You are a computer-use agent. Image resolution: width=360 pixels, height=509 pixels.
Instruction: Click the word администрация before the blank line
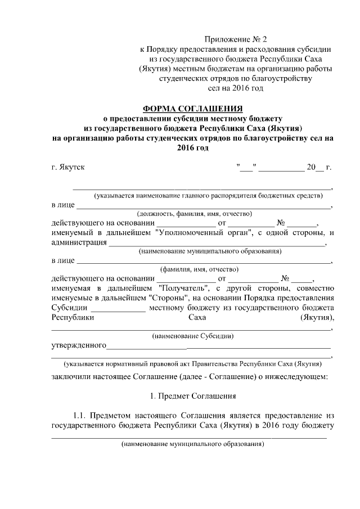pyautogui.click(x=78, y=242)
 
